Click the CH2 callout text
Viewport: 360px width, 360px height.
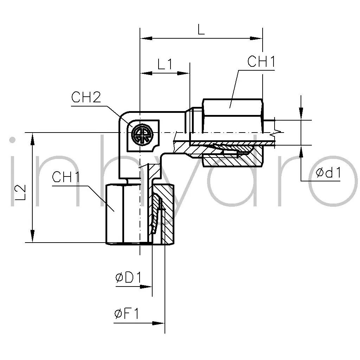(x=86, y=97)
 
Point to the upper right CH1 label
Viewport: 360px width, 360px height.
(x=261, y=61)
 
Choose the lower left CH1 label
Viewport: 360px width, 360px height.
(x=66, y=177)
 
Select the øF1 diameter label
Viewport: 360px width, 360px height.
(x=127, y=314)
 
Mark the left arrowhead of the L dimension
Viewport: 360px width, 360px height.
(x=146, y=38)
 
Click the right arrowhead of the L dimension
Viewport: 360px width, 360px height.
(x=256, y=38)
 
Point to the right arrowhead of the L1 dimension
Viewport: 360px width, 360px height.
(x=184, y=73)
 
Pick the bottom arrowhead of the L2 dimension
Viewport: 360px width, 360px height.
(x=33, y=236)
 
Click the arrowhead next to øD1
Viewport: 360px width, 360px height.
(x=146, y=287)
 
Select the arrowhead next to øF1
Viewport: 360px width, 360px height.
(x=159, y=323)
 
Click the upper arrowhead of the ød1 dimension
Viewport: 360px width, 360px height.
(x=301, y=114)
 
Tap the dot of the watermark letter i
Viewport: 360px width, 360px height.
(x=12, y=140)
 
